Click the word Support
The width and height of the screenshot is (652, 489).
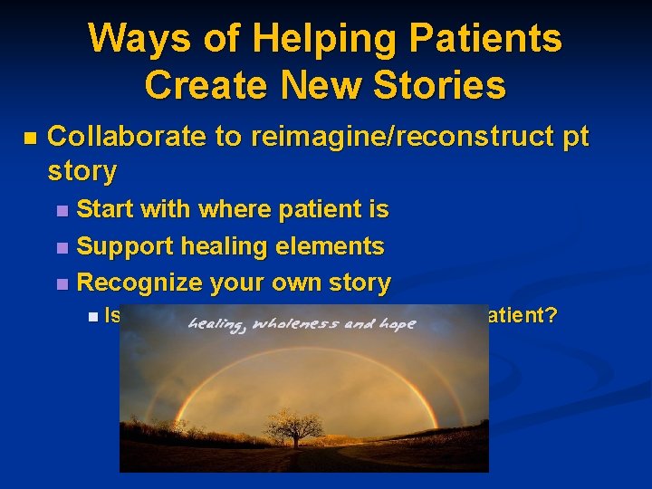pyautogui.click(x=125, y=246)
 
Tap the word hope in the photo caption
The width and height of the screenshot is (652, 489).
pyautogui.click(x=396, y=324)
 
